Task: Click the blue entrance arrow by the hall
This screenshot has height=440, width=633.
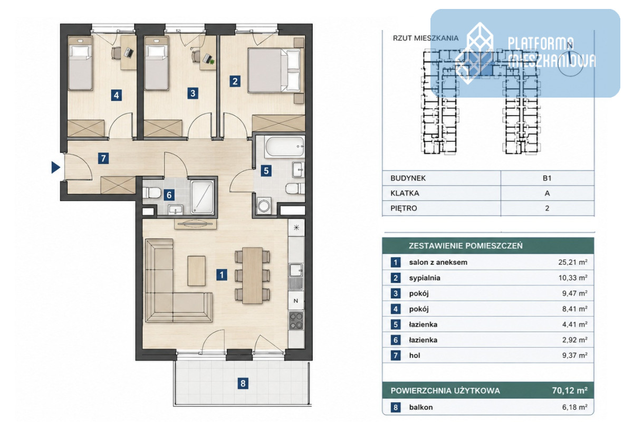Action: coord(55,167)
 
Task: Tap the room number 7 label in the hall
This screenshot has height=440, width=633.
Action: coord(103,158)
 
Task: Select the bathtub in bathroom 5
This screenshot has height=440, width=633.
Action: coord(284,146)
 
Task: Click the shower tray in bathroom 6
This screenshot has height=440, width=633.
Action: coord(202,197)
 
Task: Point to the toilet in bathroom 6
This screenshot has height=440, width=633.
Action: coord(151,193)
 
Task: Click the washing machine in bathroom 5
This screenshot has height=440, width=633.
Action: coord(264,205)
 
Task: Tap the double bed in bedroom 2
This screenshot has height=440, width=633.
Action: coord(274,70)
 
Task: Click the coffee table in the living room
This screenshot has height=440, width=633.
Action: coord(196,271)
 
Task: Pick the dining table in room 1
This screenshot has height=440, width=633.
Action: coord(252,275)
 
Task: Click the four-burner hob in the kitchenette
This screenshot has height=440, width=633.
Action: coord(296,320)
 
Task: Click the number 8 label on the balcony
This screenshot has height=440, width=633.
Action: coord(243,384)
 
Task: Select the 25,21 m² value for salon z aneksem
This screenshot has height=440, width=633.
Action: coord(572,262)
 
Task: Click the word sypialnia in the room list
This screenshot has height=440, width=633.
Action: coord(425,278)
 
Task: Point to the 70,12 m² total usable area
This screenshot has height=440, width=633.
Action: coord(569,390)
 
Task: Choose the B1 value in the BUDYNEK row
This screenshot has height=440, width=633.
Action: coord(547,178)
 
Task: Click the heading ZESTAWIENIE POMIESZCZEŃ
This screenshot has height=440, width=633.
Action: coord(465,245)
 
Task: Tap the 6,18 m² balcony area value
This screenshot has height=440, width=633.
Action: coord(574,407)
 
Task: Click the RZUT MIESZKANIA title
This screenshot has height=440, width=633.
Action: coord(426,38)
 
